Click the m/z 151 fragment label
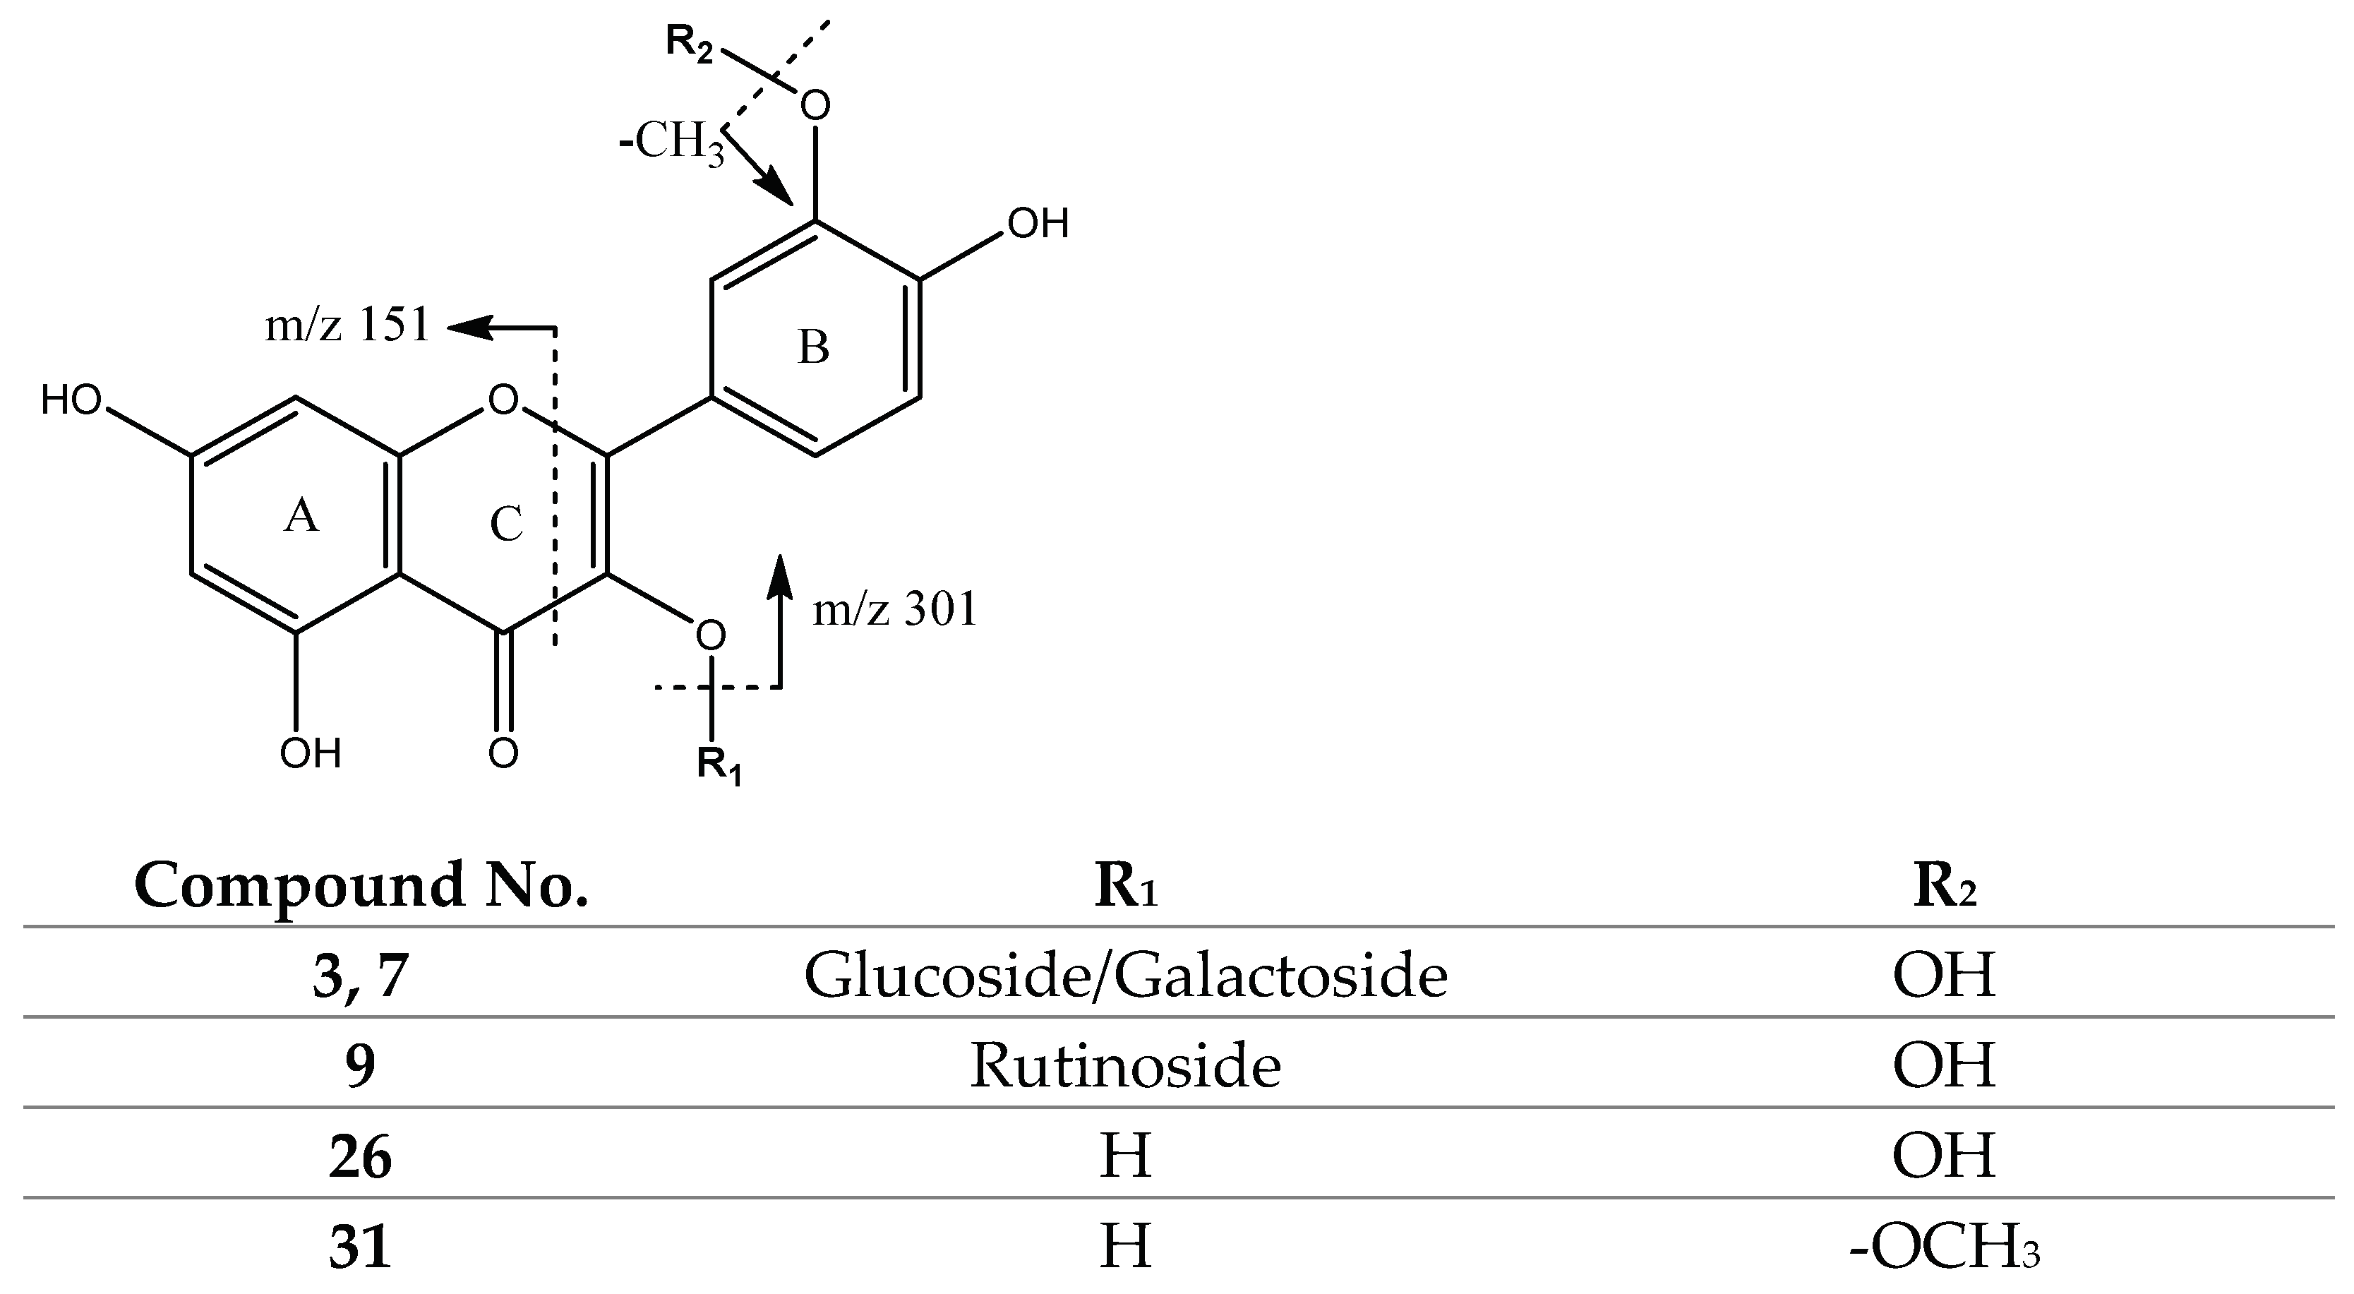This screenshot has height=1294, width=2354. (347, 326)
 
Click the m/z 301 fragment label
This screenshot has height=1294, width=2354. (894, 609)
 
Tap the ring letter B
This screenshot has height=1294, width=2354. (813, 348)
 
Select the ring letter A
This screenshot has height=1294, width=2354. (301, 517)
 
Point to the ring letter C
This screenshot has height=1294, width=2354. (505, 525)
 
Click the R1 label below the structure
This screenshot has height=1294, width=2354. (719, 764)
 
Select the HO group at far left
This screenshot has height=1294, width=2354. (71, 400)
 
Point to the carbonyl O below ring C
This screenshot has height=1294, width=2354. (503, 753)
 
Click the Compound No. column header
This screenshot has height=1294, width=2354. (361, 885)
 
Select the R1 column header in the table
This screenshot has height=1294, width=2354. (1125, 885)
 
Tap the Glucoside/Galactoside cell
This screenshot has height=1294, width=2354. (1125, 976)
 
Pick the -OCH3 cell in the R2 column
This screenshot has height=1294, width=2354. (1944, 1248)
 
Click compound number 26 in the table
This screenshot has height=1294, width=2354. (361, 1158)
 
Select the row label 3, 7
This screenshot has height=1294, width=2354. (361, 976)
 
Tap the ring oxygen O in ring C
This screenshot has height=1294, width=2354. (503, 400)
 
